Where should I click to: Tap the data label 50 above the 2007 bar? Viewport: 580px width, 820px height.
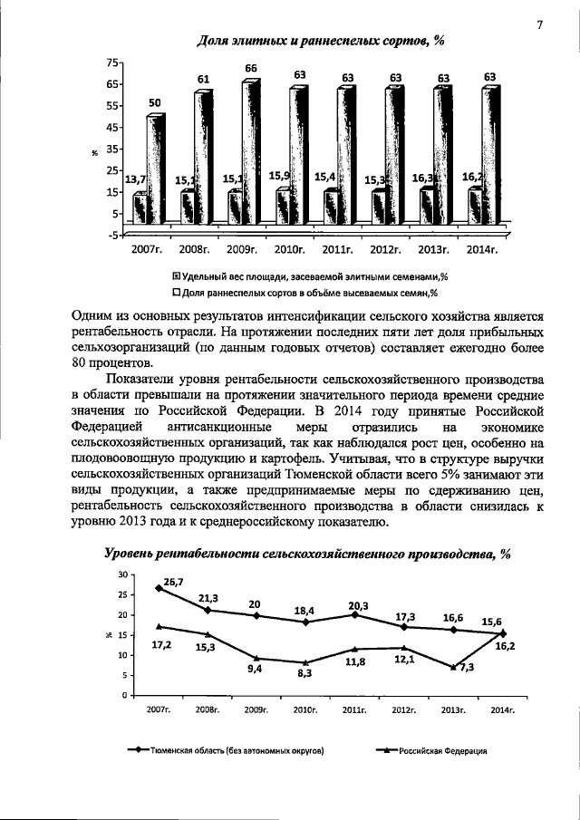pos(155,103)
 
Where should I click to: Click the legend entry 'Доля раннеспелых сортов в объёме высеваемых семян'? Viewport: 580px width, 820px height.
pos(305,292)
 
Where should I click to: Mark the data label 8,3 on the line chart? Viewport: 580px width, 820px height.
pos(304,673)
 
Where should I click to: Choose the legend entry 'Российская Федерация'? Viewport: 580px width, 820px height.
pos(433,751)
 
